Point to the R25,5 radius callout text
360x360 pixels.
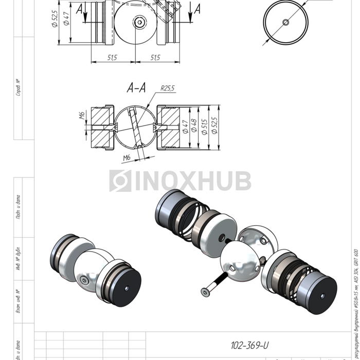coord(167,88)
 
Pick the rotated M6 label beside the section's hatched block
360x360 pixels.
coord(82,115)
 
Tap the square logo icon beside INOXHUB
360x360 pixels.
coord(120,181)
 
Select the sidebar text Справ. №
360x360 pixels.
coord(18,87)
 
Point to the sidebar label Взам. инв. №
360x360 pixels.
coord(18,301)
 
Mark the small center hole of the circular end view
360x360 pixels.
coord(285,22)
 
